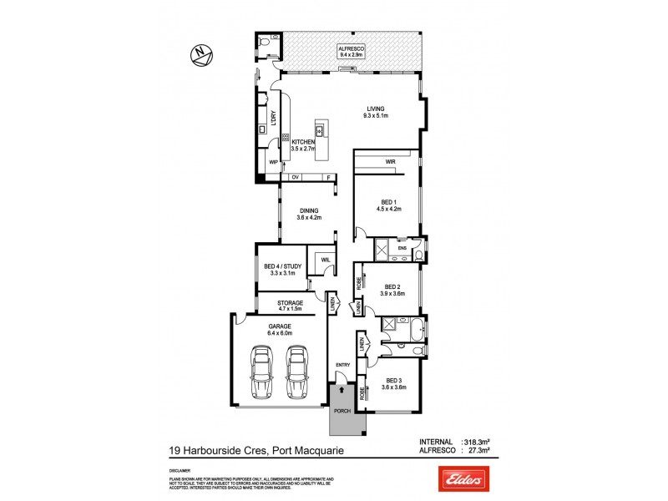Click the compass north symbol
click(x=201, y=54)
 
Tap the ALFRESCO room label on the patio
click(x=350, y=50)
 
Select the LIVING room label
click(x=375, y=109)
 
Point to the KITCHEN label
click(x=302, y=143)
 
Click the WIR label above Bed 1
click(x=390, y=161)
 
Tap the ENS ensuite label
click(x=401, y=248)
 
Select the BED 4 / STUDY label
click(x=279, y=266)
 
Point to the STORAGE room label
click(x=279, y=302)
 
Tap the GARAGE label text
click(x=279, y=326)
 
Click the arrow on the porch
click(x=341, y=389)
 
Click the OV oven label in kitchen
click(x=295, y=178)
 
